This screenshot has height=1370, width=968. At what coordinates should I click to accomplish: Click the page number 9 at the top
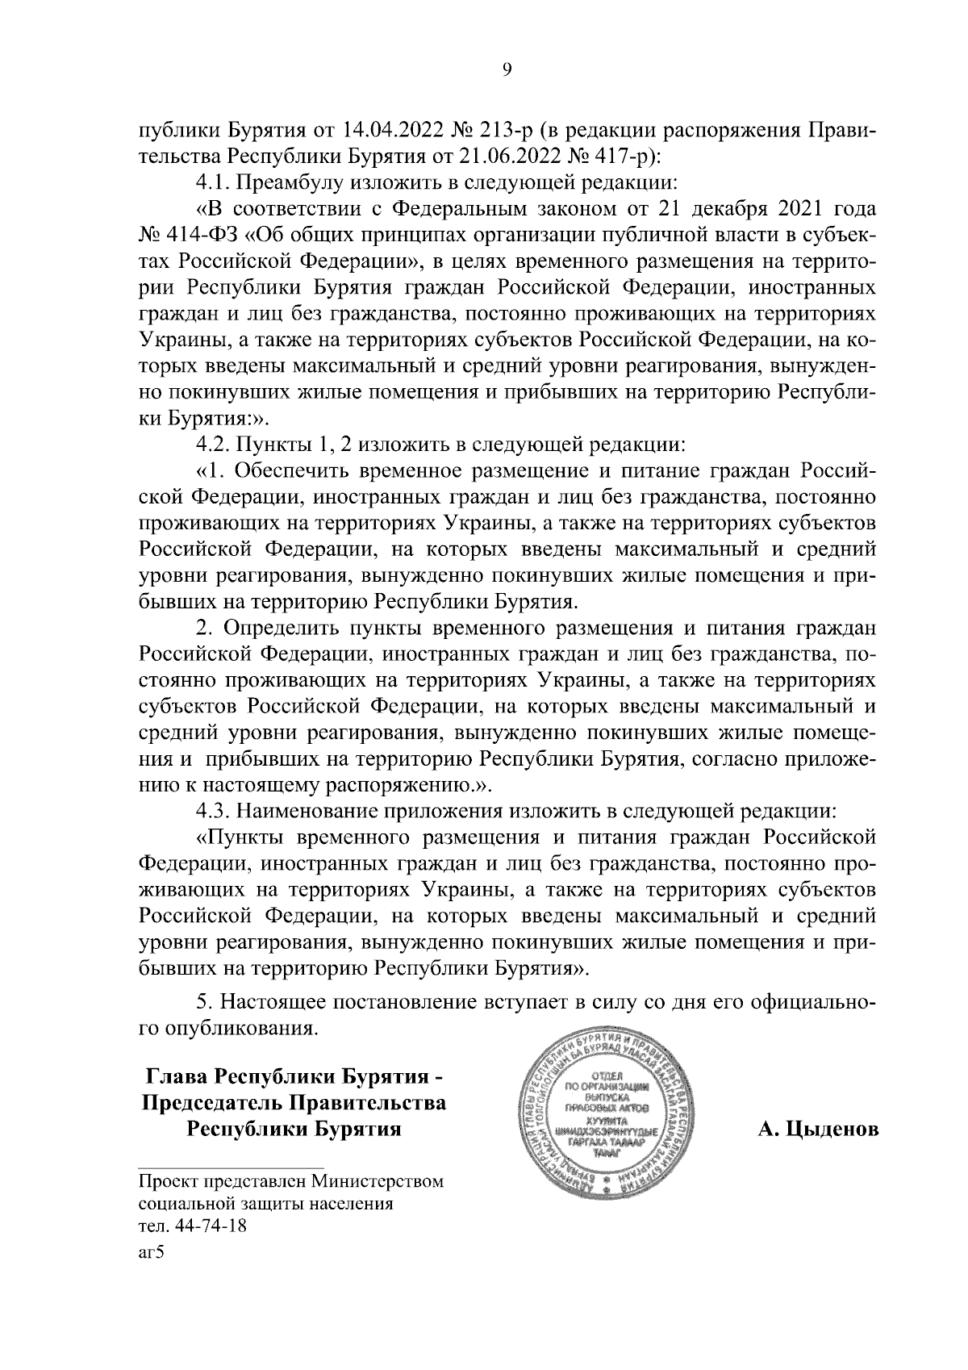coord(507,70)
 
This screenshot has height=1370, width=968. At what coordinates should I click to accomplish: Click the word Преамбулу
coord(294,182)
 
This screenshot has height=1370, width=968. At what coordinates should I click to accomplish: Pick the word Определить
coord(282,627)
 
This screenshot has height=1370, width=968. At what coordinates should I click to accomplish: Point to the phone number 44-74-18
coord(206,1227)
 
